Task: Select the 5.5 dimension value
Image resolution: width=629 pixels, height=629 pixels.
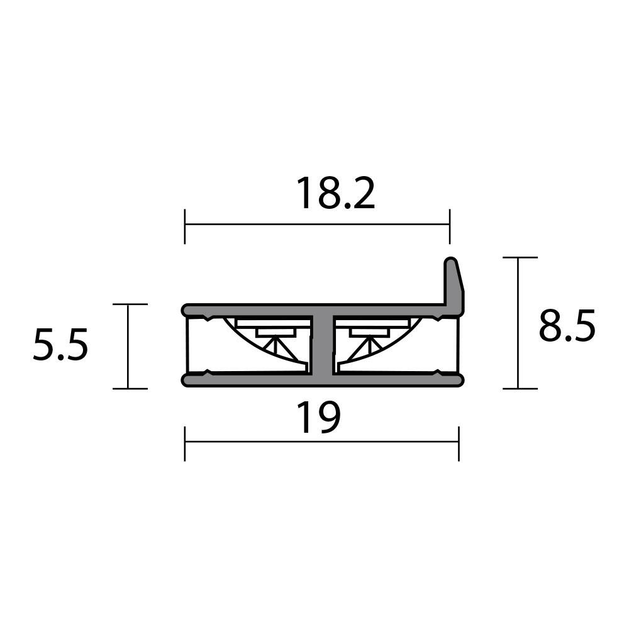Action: coord(60,347)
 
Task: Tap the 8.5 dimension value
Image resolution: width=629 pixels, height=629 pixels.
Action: coord(566,326)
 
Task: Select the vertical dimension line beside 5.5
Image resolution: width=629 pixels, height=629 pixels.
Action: coord(129,346)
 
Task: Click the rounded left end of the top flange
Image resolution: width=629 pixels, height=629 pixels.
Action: coord(187,310)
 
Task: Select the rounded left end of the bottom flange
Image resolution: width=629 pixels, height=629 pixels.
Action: coord(187,380)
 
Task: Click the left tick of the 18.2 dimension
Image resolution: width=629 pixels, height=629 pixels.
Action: coord(185,225)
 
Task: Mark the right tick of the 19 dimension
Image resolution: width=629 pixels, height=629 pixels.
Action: coord(459,443)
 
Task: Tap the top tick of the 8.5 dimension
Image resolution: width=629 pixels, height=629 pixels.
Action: coord(520,258)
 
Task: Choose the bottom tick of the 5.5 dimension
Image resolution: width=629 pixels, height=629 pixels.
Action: coord(130,388)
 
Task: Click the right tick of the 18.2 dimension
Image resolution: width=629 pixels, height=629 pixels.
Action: coord(449,225)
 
